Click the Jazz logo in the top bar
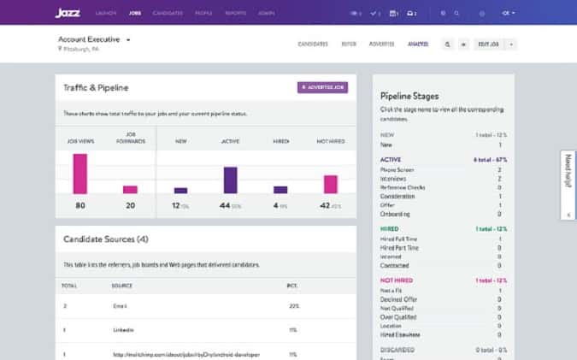[68, 13]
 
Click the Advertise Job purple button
[323, 87]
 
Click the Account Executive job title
[90, 39]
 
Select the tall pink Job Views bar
[80, 174]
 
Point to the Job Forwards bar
[130, 189]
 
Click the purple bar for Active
[230, 180]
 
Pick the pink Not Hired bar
[330, 184]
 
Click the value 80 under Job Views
[80, 205]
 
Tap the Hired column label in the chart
[280, 141]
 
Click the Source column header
[121, 285]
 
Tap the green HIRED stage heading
[389, 228]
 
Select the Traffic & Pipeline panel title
[95, 87]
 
